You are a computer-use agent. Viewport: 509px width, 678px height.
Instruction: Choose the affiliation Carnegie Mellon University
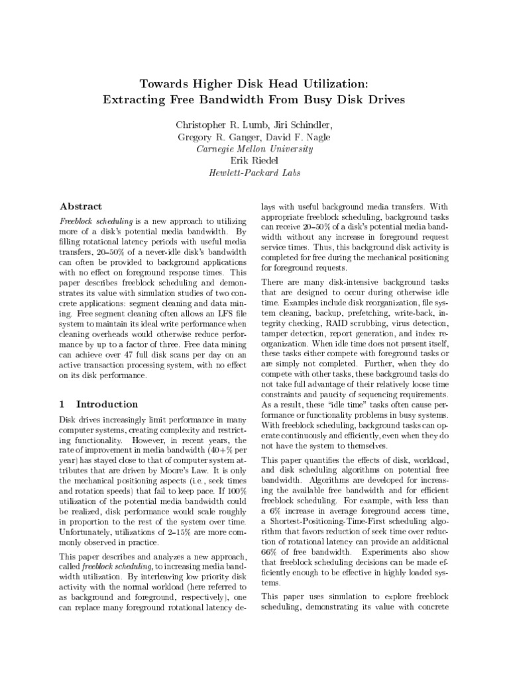(x=254, y=149)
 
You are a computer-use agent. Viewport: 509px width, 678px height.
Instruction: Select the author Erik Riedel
(x=254, y=161)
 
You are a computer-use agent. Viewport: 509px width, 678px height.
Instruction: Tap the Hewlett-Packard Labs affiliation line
(x=254, y=173)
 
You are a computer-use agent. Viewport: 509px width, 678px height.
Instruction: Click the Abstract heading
(x=81, y=206)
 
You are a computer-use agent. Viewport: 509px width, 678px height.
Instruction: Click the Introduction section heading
(x=107, y=404)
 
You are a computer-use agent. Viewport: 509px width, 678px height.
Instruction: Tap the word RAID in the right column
(x=335, y=324)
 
